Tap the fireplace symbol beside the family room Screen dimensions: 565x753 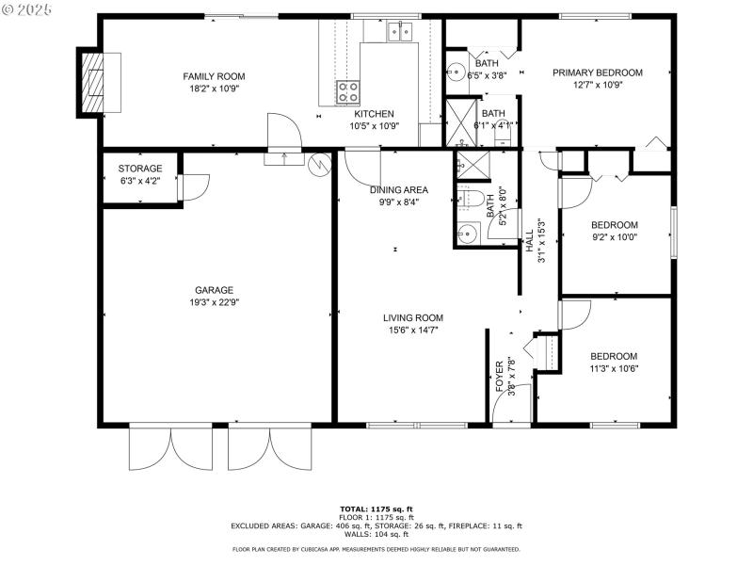click(x=94, y=80)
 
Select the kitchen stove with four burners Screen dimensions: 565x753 click(x=348, y=92)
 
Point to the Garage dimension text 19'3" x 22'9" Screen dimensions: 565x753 click(x=214, y=302)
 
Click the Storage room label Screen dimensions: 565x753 click(x=139, y=169)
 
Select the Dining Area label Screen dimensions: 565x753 click(x=398, y=189)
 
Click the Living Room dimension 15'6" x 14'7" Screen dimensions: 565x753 click(x=412, y=330)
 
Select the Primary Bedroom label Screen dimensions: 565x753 click(x=597, y=73)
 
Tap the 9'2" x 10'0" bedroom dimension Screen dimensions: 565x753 click(x=614, y=237)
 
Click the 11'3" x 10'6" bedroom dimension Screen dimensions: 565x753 click(x=614, y=368)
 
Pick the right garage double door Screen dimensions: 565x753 click(x=269, y=446)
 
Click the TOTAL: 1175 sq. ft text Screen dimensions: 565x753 click(x=376, y=509)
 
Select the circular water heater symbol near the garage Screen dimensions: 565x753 click(x=322, y=164)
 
